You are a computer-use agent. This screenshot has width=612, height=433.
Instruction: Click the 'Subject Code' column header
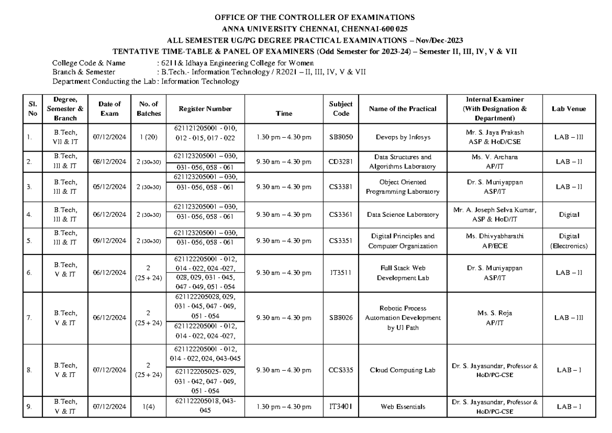click(341, 109)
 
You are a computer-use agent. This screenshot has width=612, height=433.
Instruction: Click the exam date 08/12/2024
click(110, 162)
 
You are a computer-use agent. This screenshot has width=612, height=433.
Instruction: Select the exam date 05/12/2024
click(110, 187)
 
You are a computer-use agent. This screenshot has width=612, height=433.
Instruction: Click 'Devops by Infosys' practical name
click(403, 137)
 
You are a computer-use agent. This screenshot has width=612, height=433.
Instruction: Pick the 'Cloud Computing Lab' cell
click(403, 371)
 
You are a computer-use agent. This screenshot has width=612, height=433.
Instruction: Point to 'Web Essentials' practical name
click(403, 407)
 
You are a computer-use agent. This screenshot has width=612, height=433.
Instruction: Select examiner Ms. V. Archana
click(495, 158)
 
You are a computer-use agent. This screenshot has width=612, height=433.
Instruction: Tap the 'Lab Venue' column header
click(568, 109)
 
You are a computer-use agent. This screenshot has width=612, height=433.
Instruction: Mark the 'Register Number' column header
click(205, 109)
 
